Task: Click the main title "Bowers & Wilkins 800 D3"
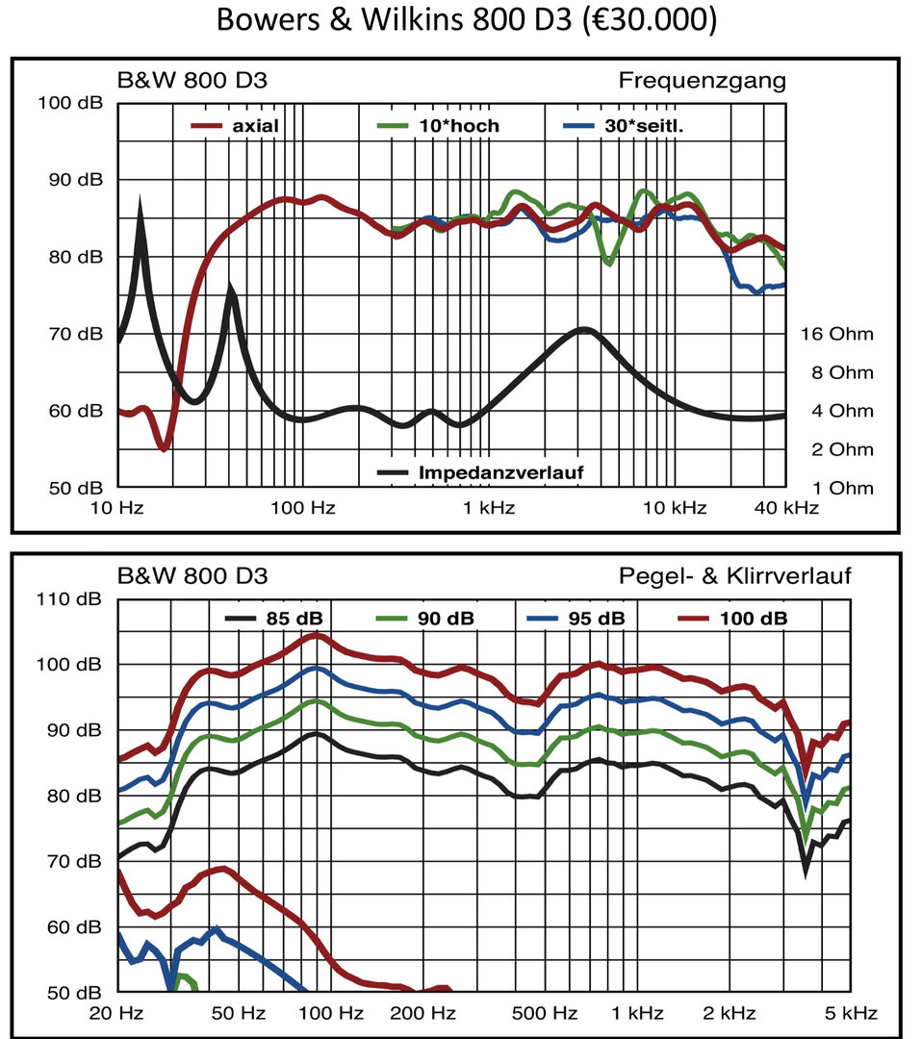pyautogui.click(x=466, y=20)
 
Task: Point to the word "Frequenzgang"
pyautogui.click(x=702, y=81)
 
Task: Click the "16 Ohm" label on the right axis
pyautogui.click(x=836, y=335)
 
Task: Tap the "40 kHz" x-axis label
pyautogui.click(x=786, y=508)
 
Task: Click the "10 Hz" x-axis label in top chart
pyautogui.click(x=119, y=508)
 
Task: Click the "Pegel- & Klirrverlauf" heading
pyautogui.click(x=735, y=577)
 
